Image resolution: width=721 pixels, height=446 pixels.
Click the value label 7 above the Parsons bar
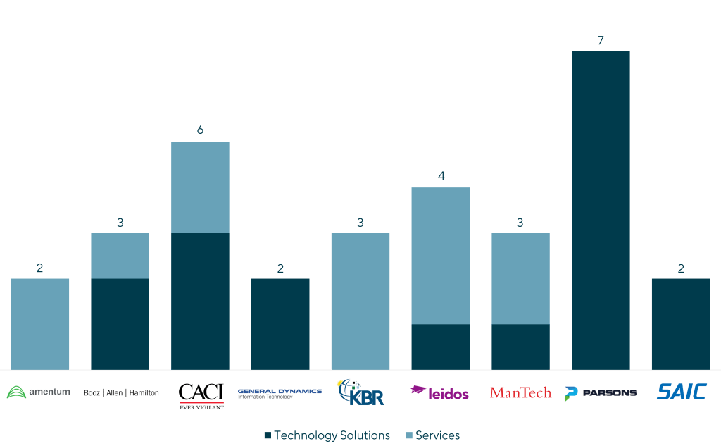pyautogui.click(x=601, y=41)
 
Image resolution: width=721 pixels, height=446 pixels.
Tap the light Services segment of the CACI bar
pyautogui.click(x=200, y=187)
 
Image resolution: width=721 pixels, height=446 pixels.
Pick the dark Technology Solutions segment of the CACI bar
pyautogui.click(x=200, y=301)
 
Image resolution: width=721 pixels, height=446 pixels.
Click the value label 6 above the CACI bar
pyautogui.click(x=200, y=130)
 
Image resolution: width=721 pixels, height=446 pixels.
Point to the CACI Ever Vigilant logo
pyautogui.click(x=201, y=395)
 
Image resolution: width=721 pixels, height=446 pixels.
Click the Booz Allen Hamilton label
pyautogui.click(x=121, y=392)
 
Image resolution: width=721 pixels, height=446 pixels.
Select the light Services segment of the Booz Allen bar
pyautogui.click(x=120, y=255)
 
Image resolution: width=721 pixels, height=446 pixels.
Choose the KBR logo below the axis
pyautogui.click(x=360, y=392)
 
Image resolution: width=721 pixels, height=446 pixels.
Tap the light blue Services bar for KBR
pyautogui.click(x=360, y=301)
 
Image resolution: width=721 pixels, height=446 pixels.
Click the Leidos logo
pyautogui.click(x=440, y=392)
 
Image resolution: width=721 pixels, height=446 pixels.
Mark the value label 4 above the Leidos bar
pyautogui.click(x=441, y=176)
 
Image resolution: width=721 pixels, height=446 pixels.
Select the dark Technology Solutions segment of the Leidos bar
pyautogui.click(x=441, y=347)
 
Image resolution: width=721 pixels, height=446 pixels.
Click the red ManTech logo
pyautogui.click(x=520, y=392)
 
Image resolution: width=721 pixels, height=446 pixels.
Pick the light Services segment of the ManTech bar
pyautogui.click(x=520, y=278)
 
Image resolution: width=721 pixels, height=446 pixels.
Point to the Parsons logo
pyautogui.click(x=600, y=392)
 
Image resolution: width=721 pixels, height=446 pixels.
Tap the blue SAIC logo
pyautogui.click(x=681, y=392)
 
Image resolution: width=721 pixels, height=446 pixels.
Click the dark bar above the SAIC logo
pyautogui.click(x=681, y=323)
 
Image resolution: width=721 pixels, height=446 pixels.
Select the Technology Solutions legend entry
pyautogui.click(x=327, y=435)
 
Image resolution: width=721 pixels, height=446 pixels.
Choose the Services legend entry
pyautogui.click(x=433, y=435)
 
